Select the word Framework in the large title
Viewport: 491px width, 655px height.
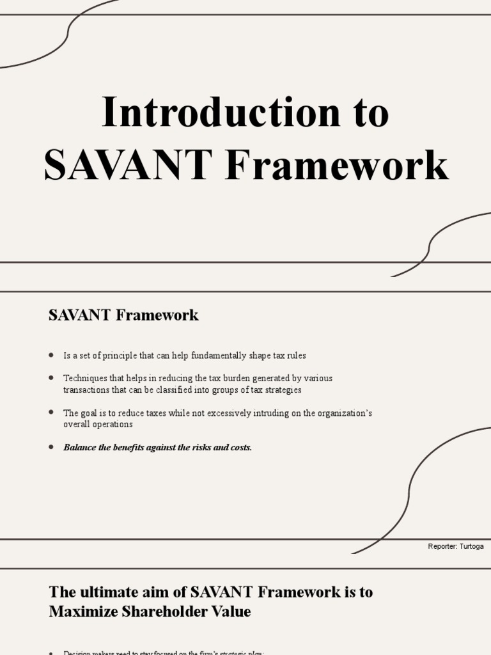click(337, 165)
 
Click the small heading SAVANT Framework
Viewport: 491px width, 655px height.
click(123, 315)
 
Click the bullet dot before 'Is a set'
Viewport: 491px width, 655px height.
click(51, 355)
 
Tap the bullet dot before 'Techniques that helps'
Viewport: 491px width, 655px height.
click(51, 378)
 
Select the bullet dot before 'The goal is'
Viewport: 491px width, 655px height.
click(51, 413)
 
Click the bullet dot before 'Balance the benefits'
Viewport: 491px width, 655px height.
click(51, 447)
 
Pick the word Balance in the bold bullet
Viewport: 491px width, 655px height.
click(80, 447)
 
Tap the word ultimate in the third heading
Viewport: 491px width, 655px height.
click(104, 592)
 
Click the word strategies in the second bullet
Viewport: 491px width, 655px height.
click(281, 390)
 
